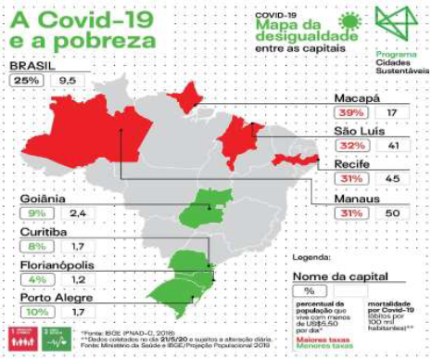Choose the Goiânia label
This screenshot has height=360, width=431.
(45, 197)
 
